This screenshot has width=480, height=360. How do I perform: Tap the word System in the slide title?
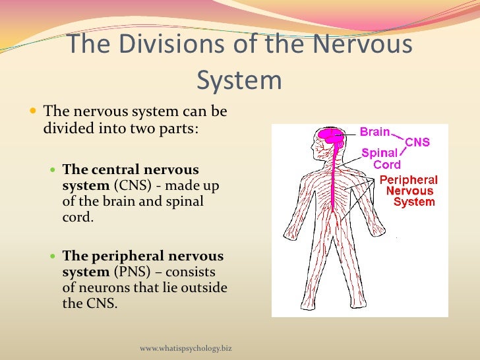[x=239, y=80]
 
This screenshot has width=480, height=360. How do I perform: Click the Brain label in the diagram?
[x=375, y=132]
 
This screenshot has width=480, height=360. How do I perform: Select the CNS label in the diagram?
[x=417, y=142]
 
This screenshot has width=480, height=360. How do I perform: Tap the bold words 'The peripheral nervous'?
[x=143, y=256]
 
